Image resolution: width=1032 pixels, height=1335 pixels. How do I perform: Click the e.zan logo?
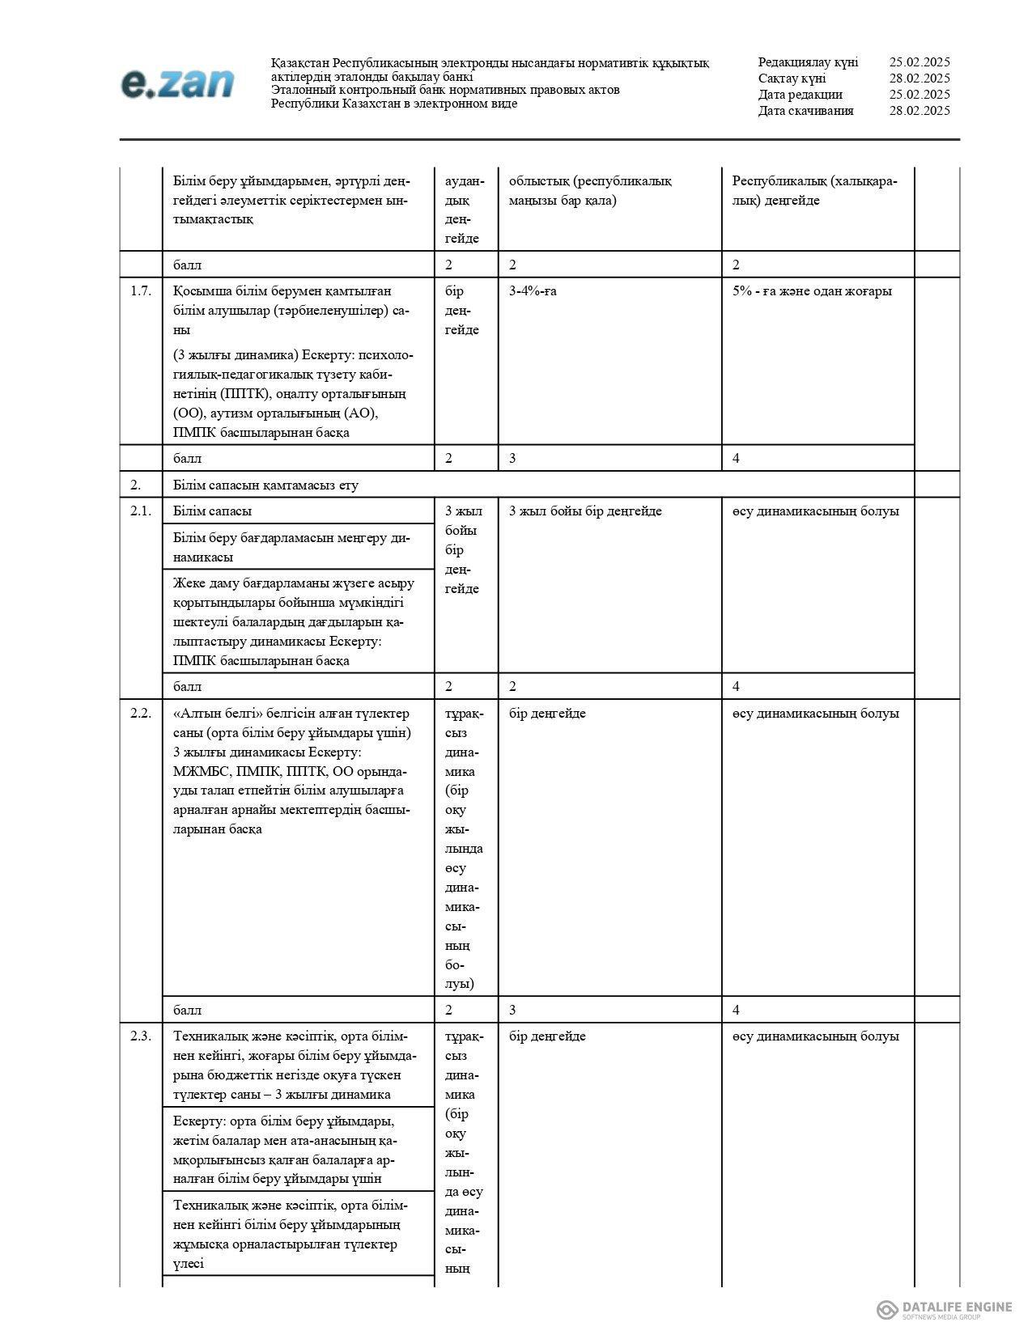(x=177, y=84)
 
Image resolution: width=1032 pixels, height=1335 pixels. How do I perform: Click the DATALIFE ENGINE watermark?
(x=945, y=1309)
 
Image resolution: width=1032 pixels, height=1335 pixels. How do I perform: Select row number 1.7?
(x=141, y=291)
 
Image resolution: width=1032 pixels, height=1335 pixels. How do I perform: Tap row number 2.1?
(x=141, y=511)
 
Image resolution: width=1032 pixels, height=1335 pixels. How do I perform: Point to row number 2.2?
(x=141, y=714)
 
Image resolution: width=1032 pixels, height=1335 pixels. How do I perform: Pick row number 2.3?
(x=141, y=1036)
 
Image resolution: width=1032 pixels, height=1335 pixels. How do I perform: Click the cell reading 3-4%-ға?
(x=533, y=291)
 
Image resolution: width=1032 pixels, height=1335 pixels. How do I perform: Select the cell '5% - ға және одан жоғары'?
(x=812, y=291)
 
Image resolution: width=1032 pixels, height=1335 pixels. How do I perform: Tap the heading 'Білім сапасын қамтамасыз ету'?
(x=265, y=485)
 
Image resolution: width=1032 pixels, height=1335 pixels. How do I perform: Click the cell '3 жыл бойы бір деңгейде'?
(x=585, y=511)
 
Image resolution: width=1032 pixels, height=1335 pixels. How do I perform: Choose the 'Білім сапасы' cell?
(x=212, y=511)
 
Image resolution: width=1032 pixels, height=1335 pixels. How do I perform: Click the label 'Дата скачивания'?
(x=805, y=111)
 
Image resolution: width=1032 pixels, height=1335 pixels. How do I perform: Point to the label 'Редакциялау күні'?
(x=808, y=62)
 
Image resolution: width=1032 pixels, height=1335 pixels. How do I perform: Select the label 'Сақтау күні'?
(x=792, y=78)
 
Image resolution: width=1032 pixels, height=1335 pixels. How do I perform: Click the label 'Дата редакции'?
(x=800, y=95)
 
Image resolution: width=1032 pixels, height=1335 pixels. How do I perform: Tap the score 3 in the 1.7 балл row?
(x=512, y=459)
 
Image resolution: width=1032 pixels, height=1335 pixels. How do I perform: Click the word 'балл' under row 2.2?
(x=187, y=1011)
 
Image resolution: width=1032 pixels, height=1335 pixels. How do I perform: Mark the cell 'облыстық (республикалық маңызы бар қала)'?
(x=590, y=191)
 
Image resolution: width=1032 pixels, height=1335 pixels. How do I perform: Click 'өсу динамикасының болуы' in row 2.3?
(x=816, y=1036)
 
